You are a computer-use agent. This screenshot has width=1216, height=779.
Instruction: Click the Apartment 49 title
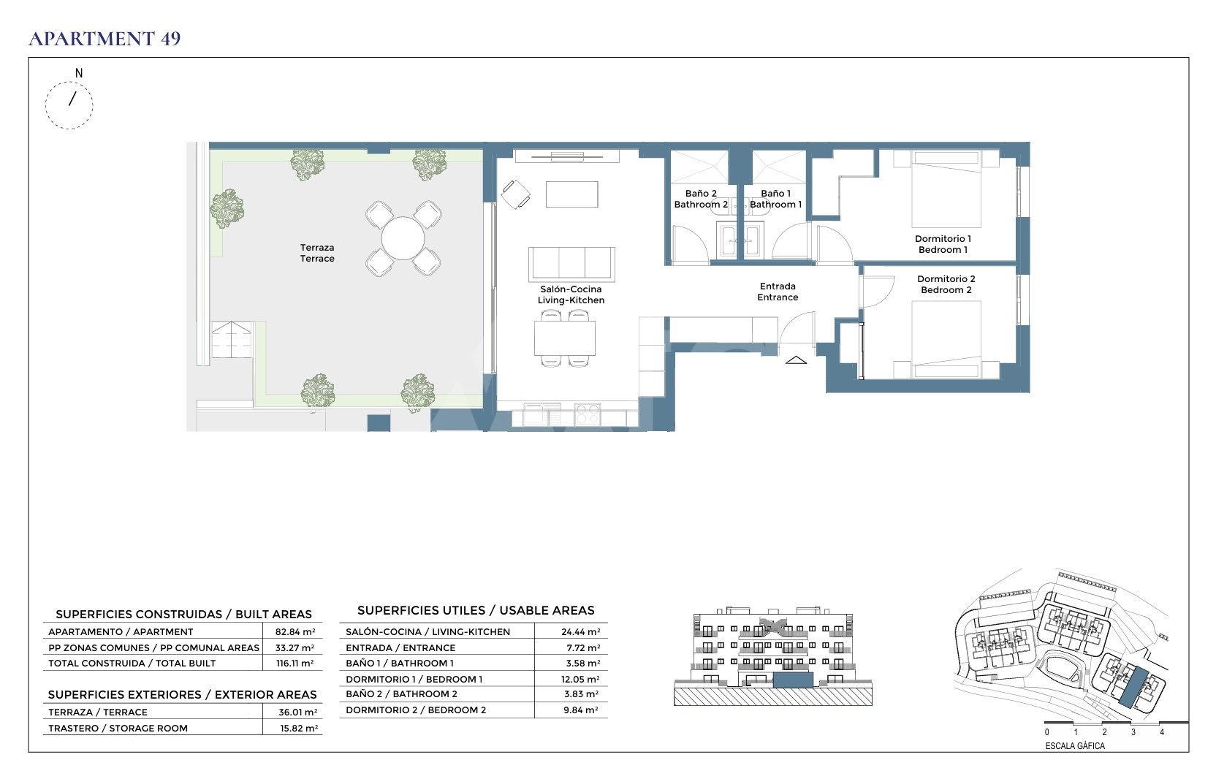[x=104, y=39]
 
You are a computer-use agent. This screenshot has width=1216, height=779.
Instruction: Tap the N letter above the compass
[x=79, y=73]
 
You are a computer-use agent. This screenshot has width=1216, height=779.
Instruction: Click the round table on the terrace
[x=403, y=238]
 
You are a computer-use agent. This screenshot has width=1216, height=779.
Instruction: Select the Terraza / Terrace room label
[x=317, y=253]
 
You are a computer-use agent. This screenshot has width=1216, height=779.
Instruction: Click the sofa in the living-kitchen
[x=571, y=264]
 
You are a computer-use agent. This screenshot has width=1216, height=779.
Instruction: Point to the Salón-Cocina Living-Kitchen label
[x=571, y=294]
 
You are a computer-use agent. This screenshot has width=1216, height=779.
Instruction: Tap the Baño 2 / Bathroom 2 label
[x=701, y=199]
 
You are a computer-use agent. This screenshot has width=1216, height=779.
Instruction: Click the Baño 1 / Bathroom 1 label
[x=776, y=199]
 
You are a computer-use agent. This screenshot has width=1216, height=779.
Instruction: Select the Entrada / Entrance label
[x=778, y=292]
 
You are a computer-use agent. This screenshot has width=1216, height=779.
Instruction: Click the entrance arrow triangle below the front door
[x=796, y=360]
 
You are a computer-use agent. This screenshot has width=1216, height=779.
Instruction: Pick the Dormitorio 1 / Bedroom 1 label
[x=943, y=244]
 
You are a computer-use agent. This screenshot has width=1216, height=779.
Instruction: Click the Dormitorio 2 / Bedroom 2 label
[x=946, y=284]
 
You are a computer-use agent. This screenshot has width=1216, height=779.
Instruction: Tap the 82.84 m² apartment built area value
[x=295, y=632]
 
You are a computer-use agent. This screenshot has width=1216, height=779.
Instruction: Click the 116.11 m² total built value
[x=294, y=664]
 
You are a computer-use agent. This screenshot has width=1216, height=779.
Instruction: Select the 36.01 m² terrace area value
[x=298, y=712]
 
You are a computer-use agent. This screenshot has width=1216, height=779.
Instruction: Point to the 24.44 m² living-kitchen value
[x=581, y=632]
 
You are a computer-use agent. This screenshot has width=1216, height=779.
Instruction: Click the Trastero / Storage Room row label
[x=118, y=729]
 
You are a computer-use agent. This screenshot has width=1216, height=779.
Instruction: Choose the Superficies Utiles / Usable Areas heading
[x=476, y=611]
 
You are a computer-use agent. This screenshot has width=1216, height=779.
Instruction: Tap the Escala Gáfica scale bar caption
[x=1075, y=746]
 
